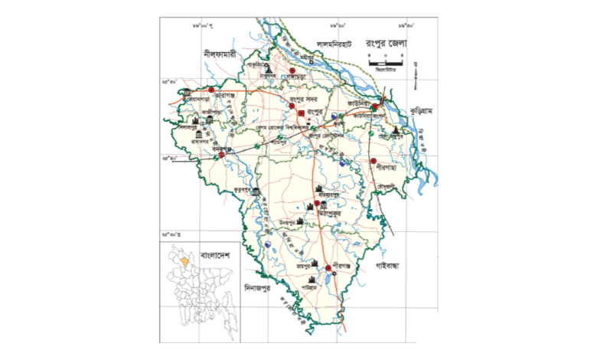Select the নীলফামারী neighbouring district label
point(218,56)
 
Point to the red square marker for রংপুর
point(302,113)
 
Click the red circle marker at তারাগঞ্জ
point(211,90)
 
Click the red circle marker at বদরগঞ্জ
point(222,155)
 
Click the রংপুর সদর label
point(304,98)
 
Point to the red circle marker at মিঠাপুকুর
point(317,205)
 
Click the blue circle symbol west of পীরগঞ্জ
point(269,244)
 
